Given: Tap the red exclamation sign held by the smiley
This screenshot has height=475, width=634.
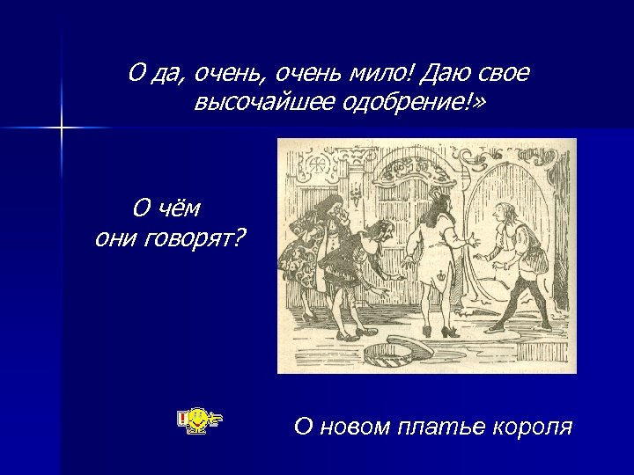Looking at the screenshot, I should click(182, 419).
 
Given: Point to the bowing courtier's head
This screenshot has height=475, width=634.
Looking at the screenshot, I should click(380, 230).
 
